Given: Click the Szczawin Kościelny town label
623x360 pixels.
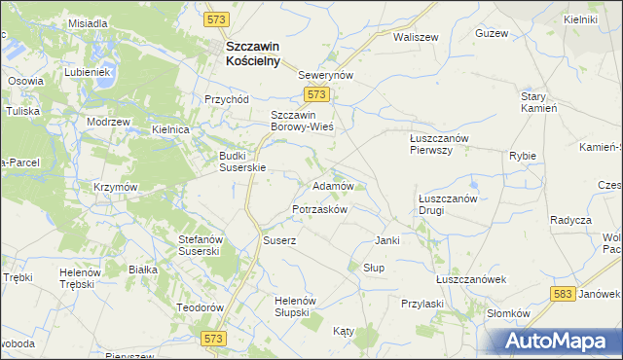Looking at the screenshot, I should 252,53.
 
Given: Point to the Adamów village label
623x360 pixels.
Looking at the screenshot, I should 332,184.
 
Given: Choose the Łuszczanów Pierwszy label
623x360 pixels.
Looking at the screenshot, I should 438,144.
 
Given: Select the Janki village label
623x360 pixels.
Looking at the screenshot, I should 388,240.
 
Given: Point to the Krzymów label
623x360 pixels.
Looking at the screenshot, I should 115,187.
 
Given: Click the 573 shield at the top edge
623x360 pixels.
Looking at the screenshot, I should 216,18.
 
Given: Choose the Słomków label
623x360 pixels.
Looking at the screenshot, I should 507,313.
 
